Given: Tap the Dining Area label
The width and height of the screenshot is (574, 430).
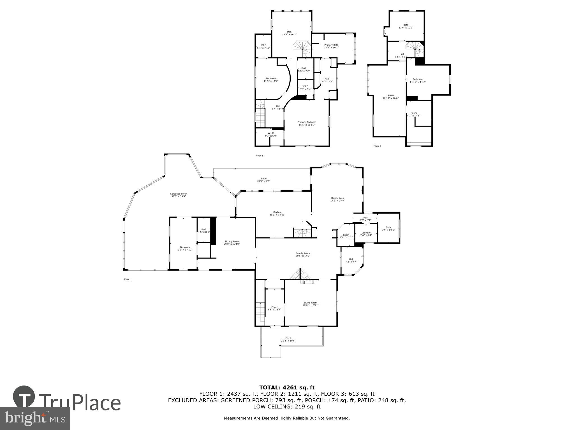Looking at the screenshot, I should [x=337, y=198].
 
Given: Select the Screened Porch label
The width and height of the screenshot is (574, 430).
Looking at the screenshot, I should [x=179, y=194].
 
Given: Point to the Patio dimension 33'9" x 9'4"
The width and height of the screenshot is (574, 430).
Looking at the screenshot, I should [x=263, y=181].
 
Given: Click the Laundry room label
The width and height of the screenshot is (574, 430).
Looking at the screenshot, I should [x=366, y=233].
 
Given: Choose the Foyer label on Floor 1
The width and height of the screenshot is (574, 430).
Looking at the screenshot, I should [x=274, y=307].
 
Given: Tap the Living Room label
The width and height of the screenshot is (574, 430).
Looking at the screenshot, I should [x=310, y=303].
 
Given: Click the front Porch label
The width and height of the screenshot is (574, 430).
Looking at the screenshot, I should [x=288, y=338].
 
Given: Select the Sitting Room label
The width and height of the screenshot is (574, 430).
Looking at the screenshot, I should [x=232, y=241].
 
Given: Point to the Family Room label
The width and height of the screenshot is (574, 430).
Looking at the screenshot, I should [x=303, y=253].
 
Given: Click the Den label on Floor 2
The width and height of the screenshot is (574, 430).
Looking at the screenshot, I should [x=289, y=32].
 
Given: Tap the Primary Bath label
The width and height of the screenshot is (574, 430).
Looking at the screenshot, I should [x=331, y=45].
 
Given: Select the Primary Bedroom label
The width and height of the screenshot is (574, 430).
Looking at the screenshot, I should [x=307, y=122].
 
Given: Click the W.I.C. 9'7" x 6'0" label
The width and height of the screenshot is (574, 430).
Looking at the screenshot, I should [x=271, y=133].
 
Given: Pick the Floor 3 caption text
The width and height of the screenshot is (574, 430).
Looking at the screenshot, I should [x=377, y=146].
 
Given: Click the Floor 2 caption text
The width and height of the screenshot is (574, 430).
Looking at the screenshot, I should [x=259, y=155].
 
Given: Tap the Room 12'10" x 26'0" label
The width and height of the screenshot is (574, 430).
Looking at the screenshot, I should [x=390, y=95].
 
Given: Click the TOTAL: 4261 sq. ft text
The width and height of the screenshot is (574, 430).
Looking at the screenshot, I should [x=287, y=388].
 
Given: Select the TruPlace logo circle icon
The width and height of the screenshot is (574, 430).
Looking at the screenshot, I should [x=24, y=397].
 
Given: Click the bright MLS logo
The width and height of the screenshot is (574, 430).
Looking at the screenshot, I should [x=35, y=418].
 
